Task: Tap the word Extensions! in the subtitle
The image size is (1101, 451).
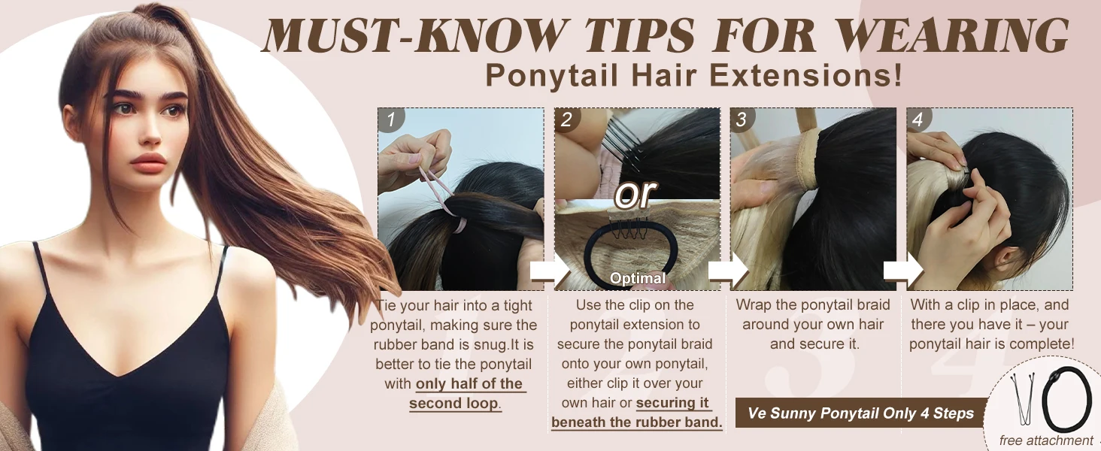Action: coord(806,75)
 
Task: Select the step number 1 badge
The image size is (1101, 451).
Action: coord(391,120)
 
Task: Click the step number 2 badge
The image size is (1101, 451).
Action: coord(567,120)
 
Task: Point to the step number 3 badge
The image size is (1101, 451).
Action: coord(742,120)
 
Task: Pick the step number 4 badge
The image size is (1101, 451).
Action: coord(918,120)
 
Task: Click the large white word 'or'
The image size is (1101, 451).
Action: coord(635,193)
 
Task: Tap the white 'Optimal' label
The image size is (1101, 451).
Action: coord(638,278)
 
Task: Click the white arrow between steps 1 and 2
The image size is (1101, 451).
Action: coord(550,271)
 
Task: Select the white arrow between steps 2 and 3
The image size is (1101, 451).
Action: coord(728,271)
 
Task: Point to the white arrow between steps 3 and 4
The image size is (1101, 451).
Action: coord(903,271)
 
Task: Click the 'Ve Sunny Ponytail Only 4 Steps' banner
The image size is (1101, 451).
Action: coord(860,413)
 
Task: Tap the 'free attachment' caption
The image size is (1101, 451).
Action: coord(1046,440)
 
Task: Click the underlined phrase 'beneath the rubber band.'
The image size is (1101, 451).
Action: coord(637,422)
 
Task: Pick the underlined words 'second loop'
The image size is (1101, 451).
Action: coord(453,404)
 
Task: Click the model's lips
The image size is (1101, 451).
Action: coord(148,162)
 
